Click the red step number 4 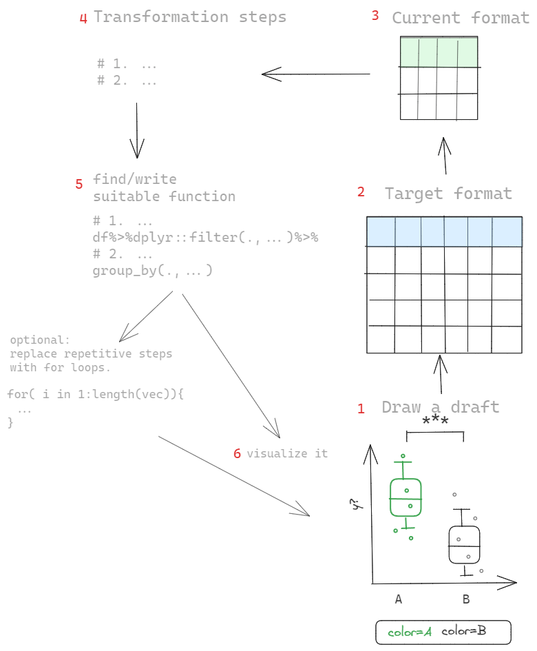pyautogui.click(x=83, y=19)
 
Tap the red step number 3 pyautogui.click(x=375, y=16)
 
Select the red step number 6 pyautogui.click(x=238, y=454)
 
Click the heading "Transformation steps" pyautogui.click(x=190, y=17)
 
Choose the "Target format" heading pyautogui.click(x=448, y=194)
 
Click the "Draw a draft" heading pyautogui.click(x=441, y=406)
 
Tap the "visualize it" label pyautogui.click(x=287, y=453)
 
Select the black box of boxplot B pyautogui.click(x=464, y=545)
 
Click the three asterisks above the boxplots pyautogui.click(x=436, y=422)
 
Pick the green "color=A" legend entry pyautogui.click(x=409, y=632)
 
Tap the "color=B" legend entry pyautogui.click(x=464, y=631)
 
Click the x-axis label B pyautogui.click(x=466, y=599)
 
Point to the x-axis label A pyautogui.click(x=399, y=599)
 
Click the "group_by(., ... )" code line pyautogui.click(x=153, y=271)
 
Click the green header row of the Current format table pyautogui.click(x=439, y=52)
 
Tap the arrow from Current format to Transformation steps pyautogui.click(x=315, y=74)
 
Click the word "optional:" pyautogui.click(x=40, y=340)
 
